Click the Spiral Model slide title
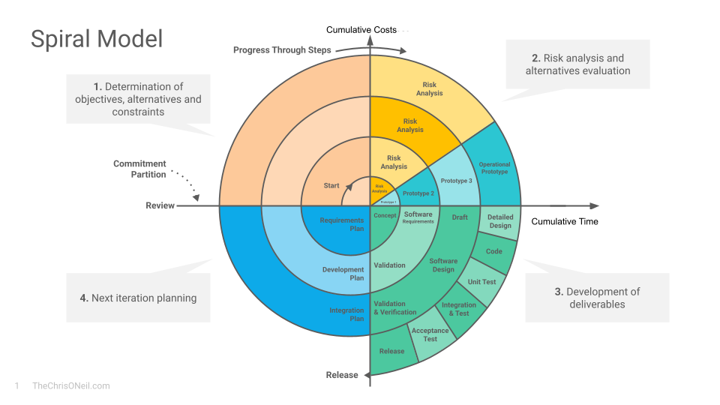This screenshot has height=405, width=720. click(97, 38)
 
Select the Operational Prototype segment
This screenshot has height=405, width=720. click(494, 169)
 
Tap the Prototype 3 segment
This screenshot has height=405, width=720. click(456, 181)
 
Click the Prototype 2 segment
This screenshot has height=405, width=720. click(418, 193)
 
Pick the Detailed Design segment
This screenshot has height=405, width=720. click(500, 221)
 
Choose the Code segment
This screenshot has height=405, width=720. click(494, 251)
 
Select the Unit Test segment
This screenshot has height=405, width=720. click(481, 282)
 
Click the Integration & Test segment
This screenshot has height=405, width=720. click(459, 309)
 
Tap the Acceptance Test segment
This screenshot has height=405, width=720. click(430, 334)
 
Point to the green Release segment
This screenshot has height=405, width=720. click(391, 351)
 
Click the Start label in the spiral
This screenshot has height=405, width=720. click(331, 185)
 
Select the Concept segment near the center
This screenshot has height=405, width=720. click(385, 216)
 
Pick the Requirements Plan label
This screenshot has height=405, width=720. click(342, 224)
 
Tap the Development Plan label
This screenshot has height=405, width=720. click(343, 274)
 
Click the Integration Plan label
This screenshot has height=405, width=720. click(346, 314)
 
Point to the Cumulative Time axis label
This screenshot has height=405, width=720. click(565, 221)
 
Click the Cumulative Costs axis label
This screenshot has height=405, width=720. click(361, 30)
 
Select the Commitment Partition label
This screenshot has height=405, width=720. click(139, 169)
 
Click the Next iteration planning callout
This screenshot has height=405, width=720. click(138, 298)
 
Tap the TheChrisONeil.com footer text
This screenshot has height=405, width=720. click(71, 385)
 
